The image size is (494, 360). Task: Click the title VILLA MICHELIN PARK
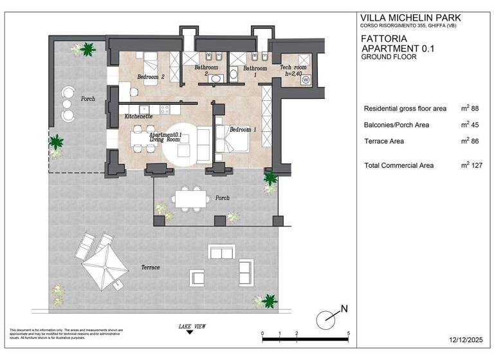coord(410,17)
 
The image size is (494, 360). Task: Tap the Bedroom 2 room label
coord(151,77)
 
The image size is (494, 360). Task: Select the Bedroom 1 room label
coord(243,130)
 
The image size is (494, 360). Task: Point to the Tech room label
coord(293,67)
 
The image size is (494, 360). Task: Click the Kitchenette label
coord(138,116)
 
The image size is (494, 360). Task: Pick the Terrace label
coord(150,267)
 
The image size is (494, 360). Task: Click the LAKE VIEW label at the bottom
coord(192,327)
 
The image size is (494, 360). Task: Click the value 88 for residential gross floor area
coord(475,109)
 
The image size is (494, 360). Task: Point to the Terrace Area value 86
coord(475,141)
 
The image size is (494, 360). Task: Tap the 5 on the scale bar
coord(348,334)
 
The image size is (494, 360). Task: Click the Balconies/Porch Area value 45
coord(475,125)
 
